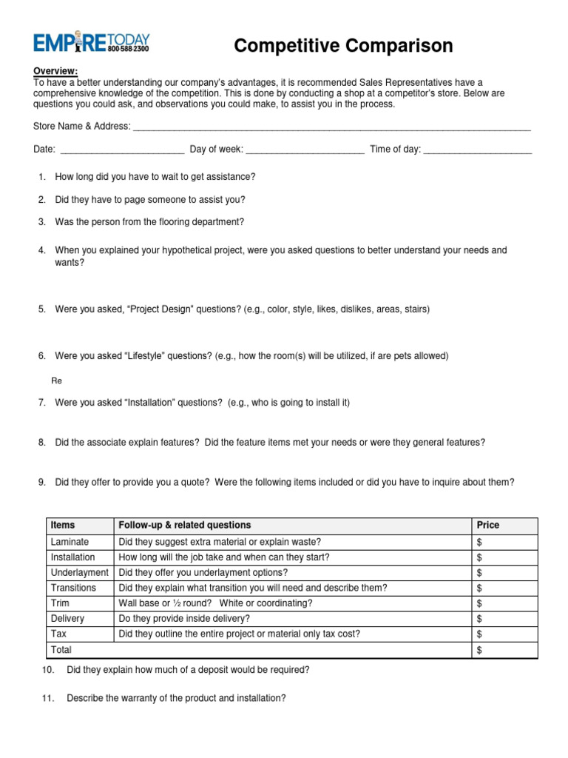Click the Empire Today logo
pos(92,43)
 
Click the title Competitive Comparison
pos(343,46)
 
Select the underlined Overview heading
pos(55,71)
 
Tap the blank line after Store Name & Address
pos(331,127)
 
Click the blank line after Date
pos(121,150)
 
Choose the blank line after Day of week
pos(305,150)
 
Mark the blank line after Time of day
pos(478,150)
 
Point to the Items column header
pos(63,525)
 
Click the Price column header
pos(488,525)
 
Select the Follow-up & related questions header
pos(185,525)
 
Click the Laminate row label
pos(70,542)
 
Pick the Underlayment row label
pos(79,572)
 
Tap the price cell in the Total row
pos(504,650)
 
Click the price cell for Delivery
pos(504,618)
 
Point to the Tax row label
pos(58,634)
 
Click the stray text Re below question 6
pos(56,381)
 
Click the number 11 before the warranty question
pos(48,698)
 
